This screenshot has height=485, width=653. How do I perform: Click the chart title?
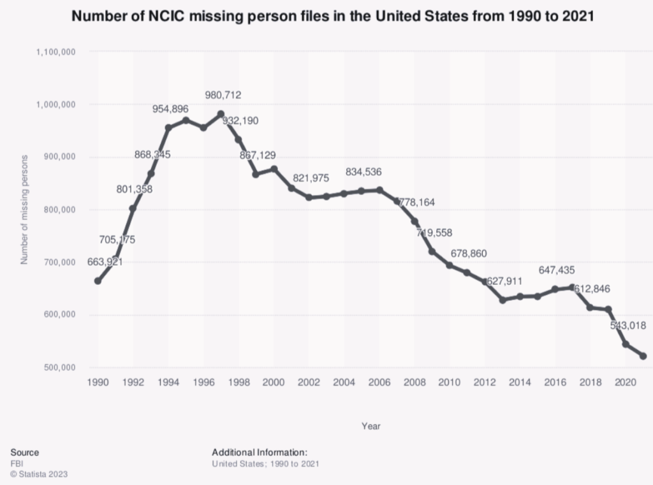[332, 17]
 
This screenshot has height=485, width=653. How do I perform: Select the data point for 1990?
[98, 281]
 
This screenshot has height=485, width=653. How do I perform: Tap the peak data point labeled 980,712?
[221, 114]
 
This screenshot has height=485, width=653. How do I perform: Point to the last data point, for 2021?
[643, 356]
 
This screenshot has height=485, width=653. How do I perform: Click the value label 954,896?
[170, 109]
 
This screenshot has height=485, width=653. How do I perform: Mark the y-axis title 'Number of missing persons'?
[25, 210]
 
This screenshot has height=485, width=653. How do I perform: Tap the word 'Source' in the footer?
[24, 452]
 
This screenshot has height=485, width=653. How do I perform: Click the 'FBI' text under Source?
[17, 463]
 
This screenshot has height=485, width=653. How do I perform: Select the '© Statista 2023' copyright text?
[39, 474]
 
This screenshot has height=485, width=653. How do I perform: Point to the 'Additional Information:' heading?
[260, 452]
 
